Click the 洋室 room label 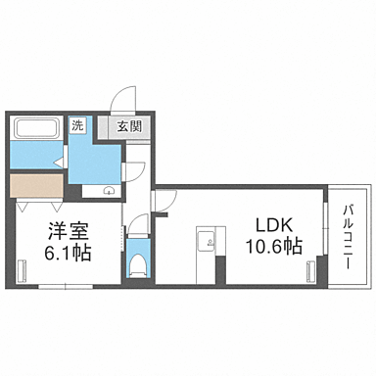65,232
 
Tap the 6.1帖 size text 67,253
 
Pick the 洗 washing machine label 78,125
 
